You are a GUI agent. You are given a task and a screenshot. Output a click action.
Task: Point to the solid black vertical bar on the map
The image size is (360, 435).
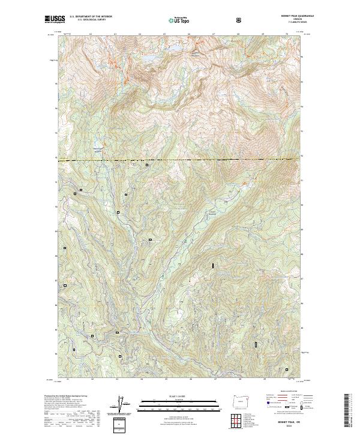(x=211, y=264)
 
